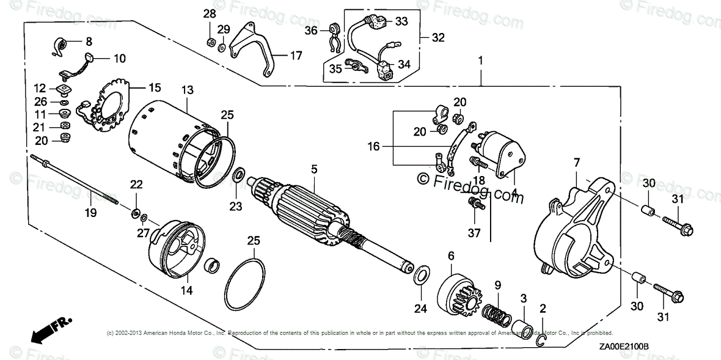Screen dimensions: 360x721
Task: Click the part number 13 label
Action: tap(188, 90)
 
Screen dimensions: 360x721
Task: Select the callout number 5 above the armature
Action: tap(314, 167)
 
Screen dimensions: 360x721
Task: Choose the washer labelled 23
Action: tap(240, 177)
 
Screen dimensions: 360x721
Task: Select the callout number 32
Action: tap(438, 37)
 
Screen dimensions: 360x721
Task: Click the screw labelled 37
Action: tap(474, 205)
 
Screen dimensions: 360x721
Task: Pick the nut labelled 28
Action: tap(209, 42)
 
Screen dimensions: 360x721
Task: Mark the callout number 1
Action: tap(481, 61)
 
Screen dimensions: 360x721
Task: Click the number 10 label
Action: tap(119, 59)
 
